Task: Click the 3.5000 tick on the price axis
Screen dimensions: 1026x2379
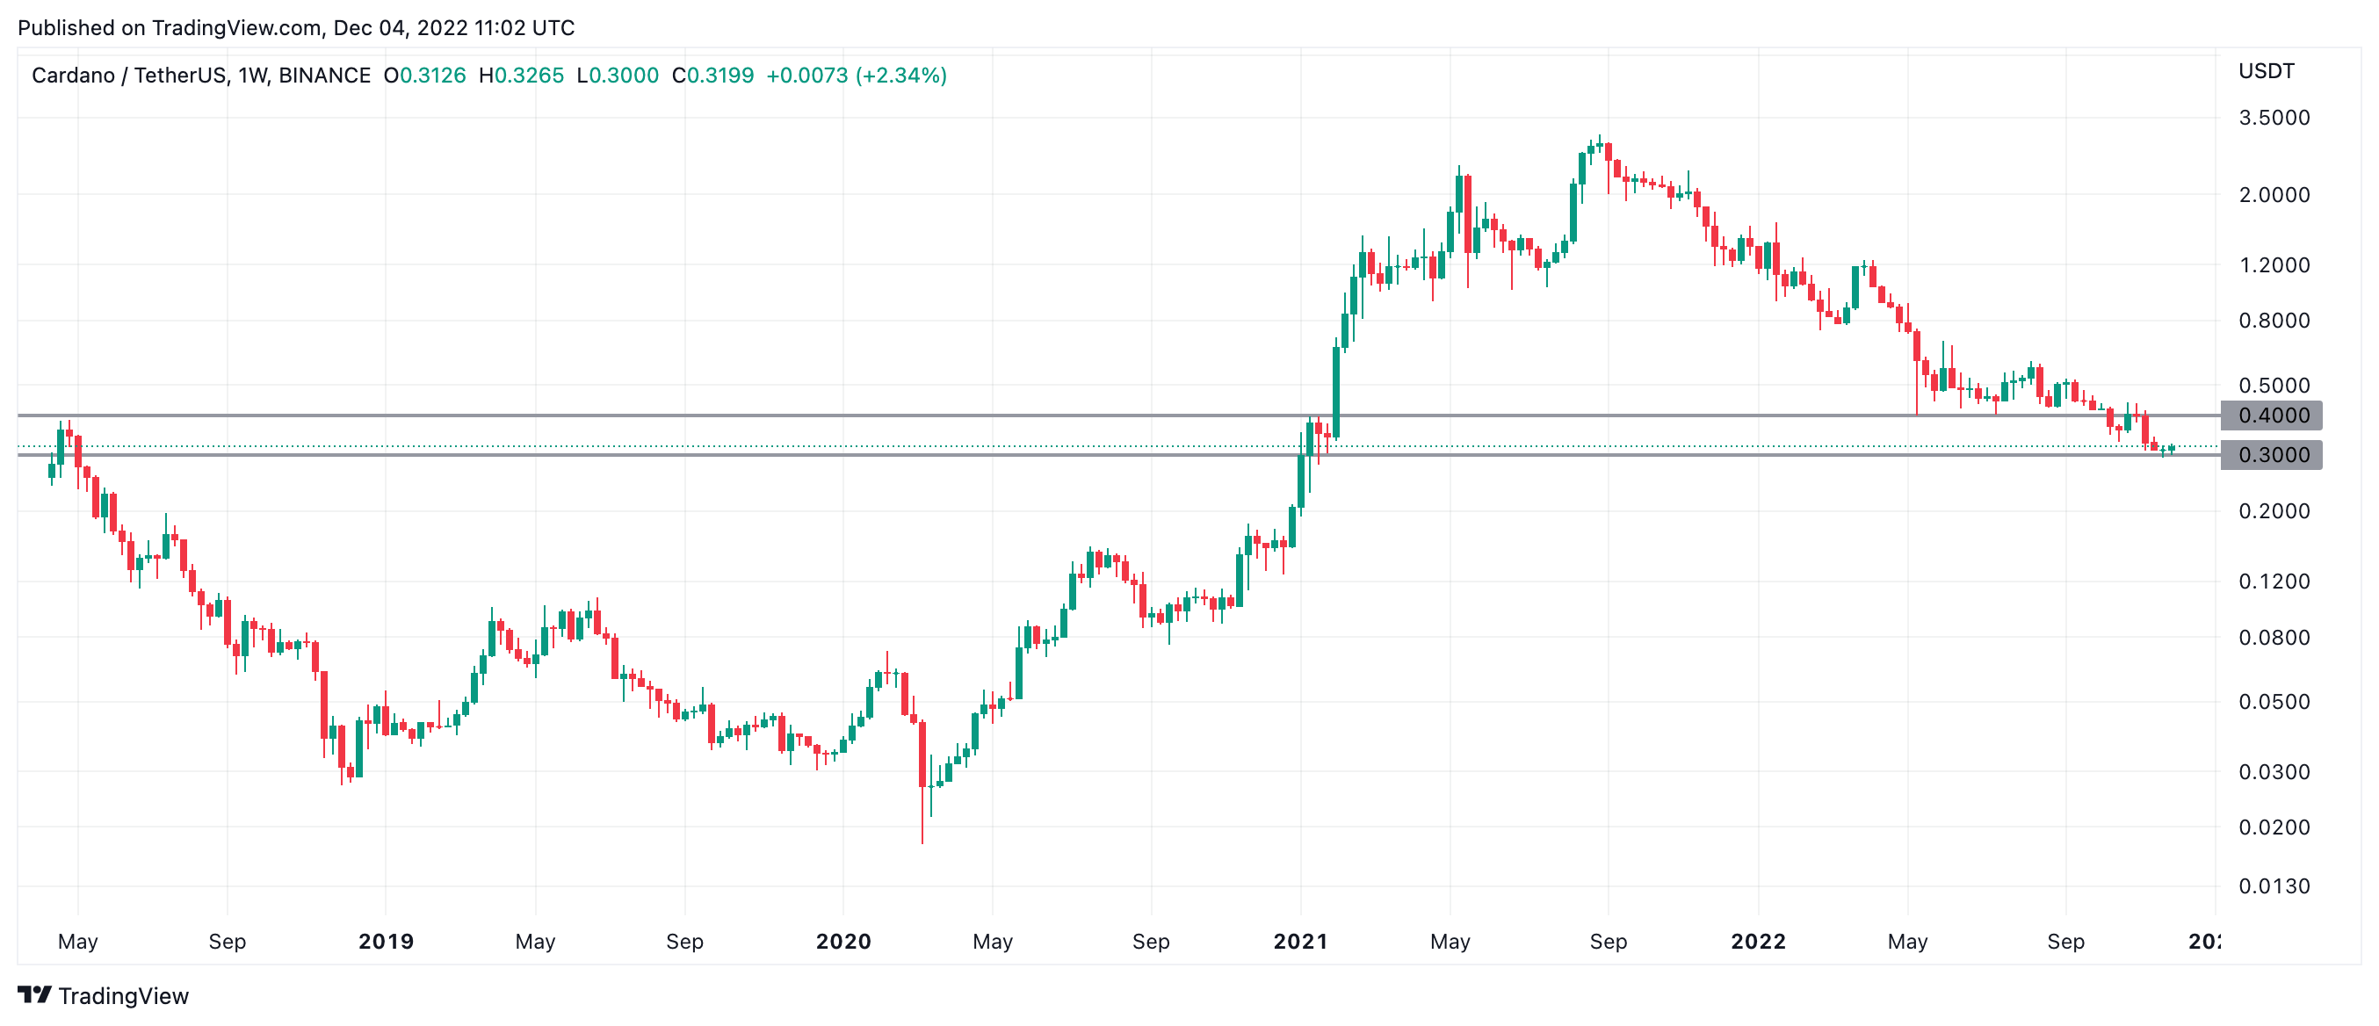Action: (2274, 118)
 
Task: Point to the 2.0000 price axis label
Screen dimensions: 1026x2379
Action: (2274, 195)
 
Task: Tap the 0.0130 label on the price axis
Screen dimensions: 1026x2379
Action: (2274, 886)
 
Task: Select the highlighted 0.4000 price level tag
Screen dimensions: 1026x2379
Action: (2272, 415)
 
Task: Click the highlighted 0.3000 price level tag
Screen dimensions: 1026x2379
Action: (2272, 455)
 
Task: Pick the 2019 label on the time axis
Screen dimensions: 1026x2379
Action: (386, 941)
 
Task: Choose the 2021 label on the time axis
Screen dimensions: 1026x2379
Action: (1300, 941)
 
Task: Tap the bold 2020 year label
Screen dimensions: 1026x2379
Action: (843, 941)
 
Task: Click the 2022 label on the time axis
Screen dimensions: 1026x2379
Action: (1759, 941)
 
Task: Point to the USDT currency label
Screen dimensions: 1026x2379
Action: (2267, 71)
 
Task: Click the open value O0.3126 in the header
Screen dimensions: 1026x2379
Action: (425, 76)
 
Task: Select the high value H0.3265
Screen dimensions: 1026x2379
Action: (521, 76)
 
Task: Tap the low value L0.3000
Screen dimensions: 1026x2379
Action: (618, 76)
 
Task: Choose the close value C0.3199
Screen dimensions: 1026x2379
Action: (713, 76)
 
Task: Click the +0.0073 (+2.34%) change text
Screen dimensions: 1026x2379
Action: (857, 76)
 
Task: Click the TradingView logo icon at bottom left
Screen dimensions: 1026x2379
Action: (35, 994)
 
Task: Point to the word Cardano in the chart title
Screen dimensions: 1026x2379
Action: (73, 76)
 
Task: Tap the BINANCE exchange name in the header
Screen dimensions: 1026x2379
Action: (324, 76)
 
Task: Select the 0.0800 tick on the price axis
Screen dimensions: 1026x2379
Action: (2274, 637)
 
